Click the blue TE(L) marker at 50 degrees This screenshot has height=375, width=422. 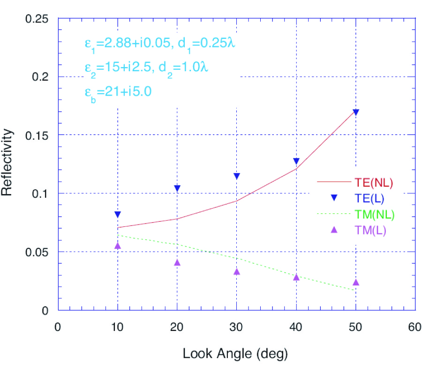point(356,112)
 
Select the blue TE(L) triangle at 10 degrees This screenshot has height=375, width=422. point(118,214)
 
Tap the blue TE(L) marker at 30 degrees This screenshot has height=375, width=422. point(237,176)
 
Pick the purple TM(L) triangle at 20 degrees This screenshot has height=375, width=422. point(177,262)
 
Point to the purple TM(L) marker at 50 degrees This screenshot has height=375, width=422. point(356,282)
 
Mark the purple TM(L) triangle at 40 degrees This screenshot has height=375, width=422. point(296,277)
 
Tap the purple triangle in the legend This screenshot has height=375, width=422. point(334,230)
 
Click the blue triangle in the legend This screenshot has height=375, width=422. point(334,198)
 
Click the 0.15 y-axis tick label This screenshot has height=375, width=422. point(38,135)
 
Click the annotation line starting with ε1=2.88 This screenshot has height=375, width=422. point(159,44)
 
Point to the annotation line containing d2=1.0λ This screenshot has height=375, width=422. point(146,67)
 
